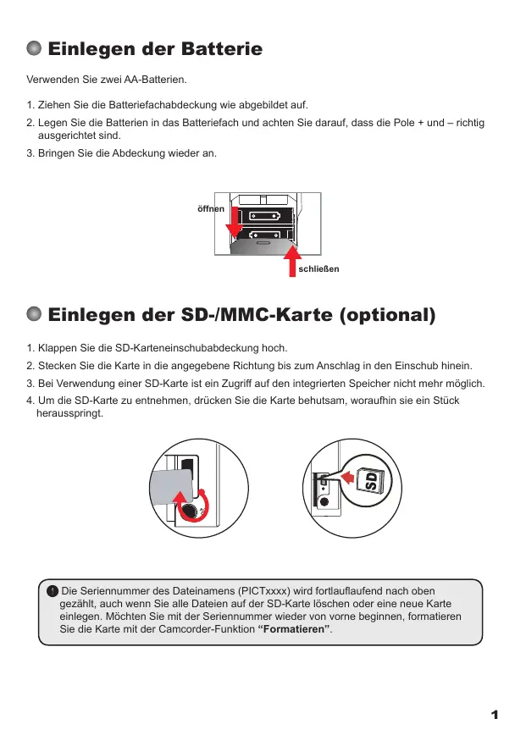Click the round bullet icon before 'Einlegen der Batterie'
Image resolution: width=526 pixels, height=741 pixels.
coord(35,49)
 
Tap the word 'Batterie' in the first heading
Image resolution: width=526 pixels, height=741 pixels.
coord(221,49)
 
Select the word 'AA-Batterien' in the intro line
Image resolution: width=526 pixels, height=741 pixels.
coord(157,80)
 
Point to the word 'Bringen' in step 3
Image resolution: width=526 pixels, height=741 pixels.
coord(59,153)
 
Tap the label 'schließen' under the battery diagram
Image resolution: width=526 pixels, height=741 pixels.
coord(318,269)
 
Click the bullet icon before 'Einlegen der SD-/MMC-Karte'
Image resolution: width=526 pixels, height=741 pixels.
coord(35,316)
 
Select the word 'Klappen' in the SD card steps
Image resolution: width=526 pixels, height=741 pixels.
coord(58,348)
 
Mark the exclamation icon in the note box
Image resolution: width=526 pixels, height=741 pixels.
coord(53,591)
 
